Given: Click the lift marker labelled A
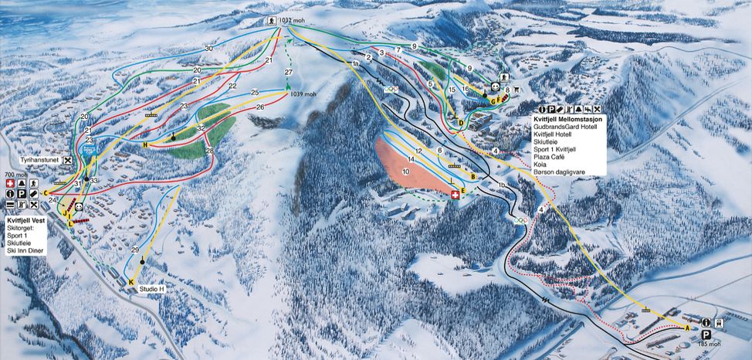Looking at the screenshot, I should [x=686, y=327].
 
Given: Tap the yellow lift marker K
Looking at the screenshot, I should [x=131, y=283].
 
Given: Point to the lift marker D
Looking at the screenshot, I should [x=460, y=123].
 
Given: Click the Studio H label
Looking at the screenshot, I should [x=153, y=289].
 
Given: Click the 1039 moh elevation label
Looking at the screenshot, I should [x=303, y=94].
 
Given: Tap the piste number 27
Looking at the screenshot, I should [x=289, y=72].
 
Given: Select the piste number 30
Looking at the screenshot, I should [x=208, y=49].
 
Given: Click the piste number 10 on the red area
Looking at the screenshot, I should [x=405, y=172].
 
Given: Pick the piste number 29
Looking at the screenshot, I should [x=134, y=250].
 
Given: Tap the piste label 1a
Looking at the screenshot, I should [x=356, y=63].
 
